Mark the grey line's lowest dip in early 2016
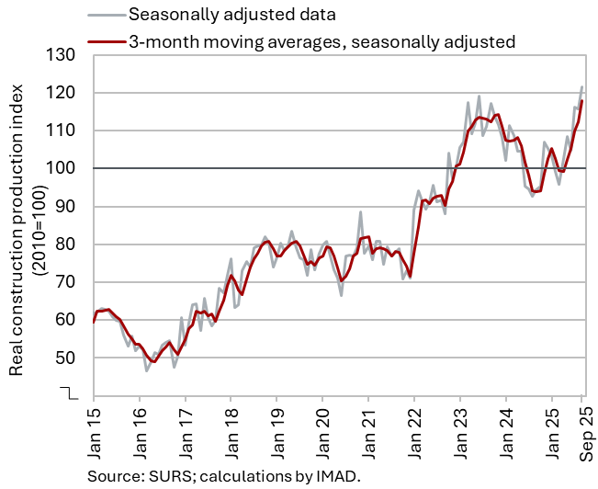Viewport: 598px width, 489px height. [x=146, y=370]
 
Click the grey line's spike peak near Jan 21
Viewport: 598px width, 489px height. [x=361, y=212]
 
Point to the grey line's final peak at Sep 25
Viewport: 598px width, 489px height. [x=581, y=87]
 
